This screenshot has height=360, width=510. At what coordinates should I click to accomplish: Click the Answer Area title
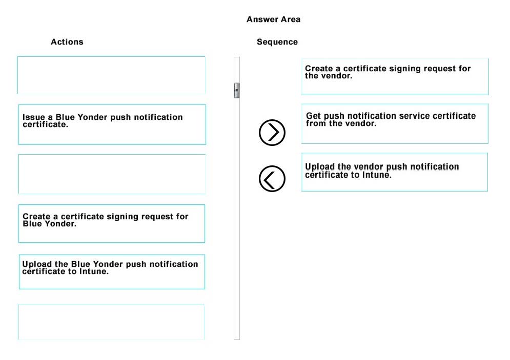pyautogui.click(x=273, y=19)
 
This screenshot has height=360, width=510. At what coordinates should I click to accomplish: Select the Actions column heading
pyautogui.click(x=67, y=42)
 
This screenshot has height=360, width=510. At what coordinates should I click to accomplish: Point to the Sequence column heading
pyautogui.click(x=277, y=42)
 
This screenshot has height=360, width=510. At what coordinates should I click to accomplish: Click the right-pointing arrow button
pyautogui.click(x=272, y=133)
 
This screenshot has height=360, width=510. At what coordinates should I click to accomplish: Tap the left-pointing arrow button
pyautogui.click(x=272, y=179)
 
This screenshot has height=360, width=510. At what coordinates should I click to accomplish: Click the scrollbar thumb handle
pyautogui.click(x=237, y=90)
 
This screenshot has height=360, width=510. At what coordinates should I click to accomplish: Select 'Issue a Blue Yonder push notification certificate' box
pyautogui.click(x=112, y=125)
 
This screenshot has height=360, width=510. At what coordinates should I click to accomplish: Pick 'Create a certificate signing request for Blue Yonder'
pyautogui.click(x=112, y=224)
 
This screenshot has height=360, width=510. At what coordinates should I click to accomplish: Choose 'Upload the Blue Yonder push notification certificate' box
pyautogui.click(x=112, y=272)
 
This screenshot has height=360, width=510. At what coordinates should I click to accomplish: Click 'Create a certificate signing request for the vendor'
pyautogui.click(x=395, y=77)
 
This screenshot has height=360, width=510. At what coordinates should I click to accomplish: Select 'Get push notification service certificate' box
pyautogui.click(x=395, y=124)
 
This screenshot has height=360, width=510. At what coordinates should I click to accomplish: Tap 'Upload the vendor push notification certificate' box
pyautogui.click(x=395, y=172)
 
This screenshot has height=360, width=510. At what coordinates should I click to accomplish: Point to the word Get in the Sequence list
pyautogui.click(x=314, y=116)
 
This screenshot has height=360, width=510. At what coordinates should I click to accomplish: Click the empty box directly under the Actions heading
pyautogui.click(x=111, y=75)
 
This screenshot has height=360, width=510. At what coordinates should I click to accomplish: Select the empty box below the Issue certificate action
pyautogui.click(x=112, y=174)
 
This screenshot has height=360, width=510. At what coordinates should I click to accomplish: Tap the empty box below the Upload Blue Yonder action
pyautogui.click(x=111, y=322)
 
